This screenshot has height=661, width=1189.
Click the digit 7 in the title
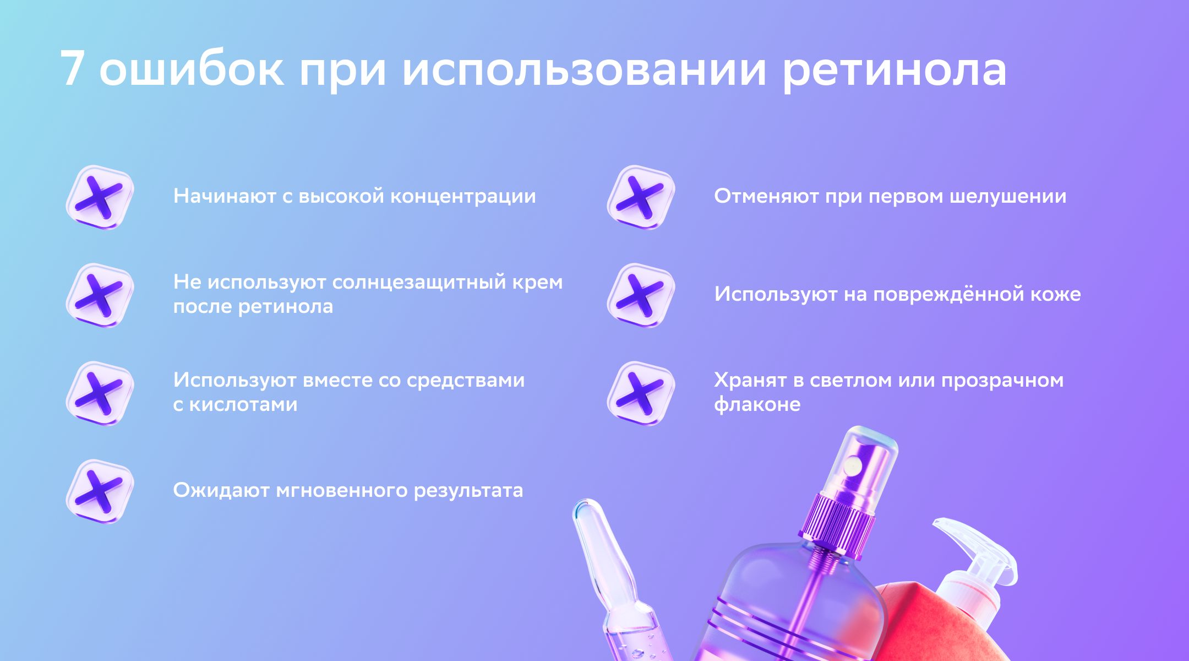pyautogui.click(x=72, y=68)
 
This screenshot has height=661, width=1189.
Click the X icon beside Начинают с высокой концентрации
pyautogui.click(x=100, y=197)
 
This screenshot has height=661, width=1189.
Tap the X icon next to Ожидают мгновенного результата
pyautogui.click(x=100, y=491)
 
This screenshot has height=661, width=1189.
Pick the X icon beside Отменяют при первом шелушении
pyautogui.click(x=641, y=197)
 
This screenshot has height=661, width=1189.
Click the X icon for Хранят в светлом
pyautogui.click(x=641, y=393)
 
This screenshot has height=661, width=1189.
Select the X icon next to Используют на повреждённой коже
pyautogui.click(x=641, y=295)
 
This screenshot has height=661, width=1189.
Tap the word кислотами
pyautogui.click(x=243, y=405)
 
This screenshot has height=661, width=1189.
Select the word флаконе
pyautogui.click(x=757, y=405)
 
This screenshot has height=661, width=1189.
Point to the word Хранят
pyautogui.click(x=750, y=381)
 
